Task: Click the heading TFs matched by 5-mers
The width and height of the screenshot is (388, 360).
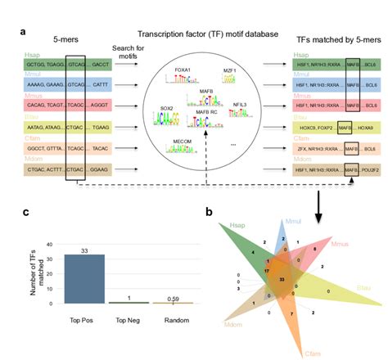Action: (327, 35)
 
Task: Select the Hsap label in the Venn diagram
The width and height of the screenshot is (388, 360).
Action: (237, 224)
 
